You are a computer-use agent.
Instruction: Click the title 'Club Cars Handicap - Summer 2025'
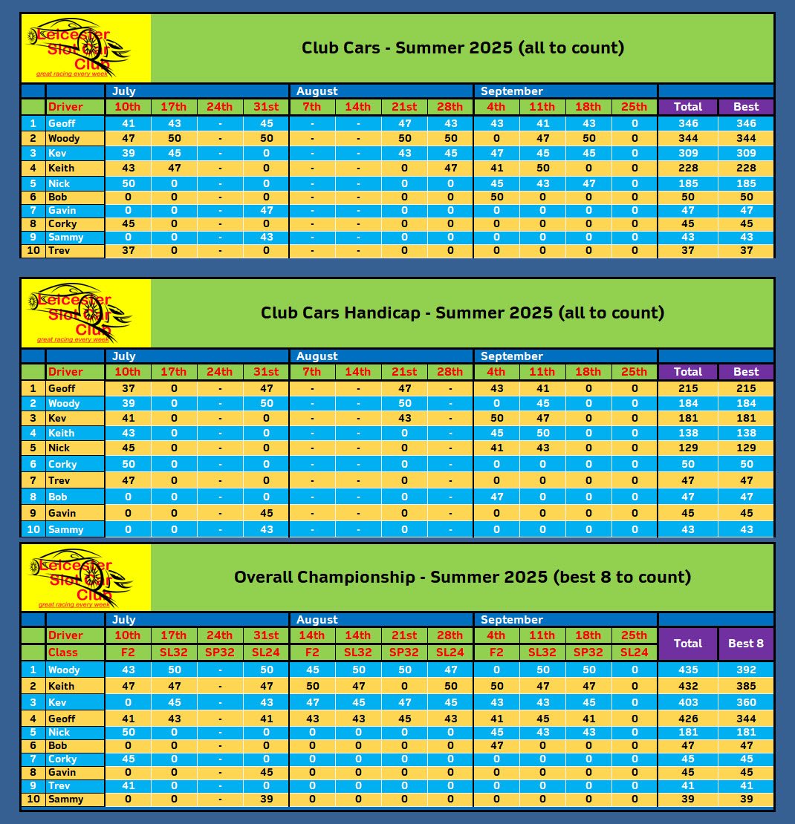pyautogui.click(x=462, y=313)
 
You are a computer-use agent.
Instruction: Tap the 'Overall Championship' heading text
pyautogui.click(x=324, y=577)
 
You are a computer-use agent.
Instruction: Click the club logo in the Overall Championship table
pyautogui.click(x=85, y=578)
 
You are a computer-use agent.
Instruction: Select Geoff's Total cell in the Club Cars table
pyautogui.click(x=688, y=123)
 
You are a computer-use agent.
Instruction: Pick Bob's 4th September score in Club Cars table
pyautogui.click(x=496, y=197)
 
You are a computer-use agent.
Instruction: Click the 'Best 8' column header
pyautogui.click(x=746, y=644)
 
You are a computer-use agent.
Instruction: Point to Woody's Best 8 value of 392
pyautogui.click(x=746, y=670)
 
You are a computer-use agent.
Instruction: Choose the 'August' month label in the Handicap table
pyautogui.click(x=317, y=356)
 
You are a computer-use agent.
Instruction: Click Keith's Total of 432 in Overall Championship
pyautogui.click(x=688, y=686)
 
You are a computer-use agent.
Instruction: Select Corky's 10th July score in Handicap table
pyautogui.click(x=128, y=464)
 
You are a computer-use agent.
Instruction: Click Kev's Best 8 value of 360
pyautogui.click(x=746, y=702)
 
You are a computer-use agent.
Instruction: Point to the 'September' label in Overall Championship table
pyautogui.click(x=512, y=620)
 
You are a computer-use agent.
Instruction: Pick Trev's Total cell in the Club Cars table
pyautogui.click(x=688, y=251)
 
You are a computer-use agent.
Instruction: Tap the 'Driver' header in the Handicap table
pyautogui.click(x=65, y=372)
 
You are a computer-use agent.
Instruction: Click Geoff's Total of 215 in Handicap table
pyautogui.click(x=688, y=388)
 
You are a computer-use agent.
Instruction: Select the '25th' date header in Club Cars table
pyautogui.click(x=635, y=107)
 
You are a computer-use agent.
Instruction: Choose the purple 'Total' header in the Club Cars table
pyautogui.click(x=688, y=107)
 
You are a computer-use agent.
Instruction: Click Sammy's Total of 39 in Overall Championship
pyautogui.click(x=688, y=800)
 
